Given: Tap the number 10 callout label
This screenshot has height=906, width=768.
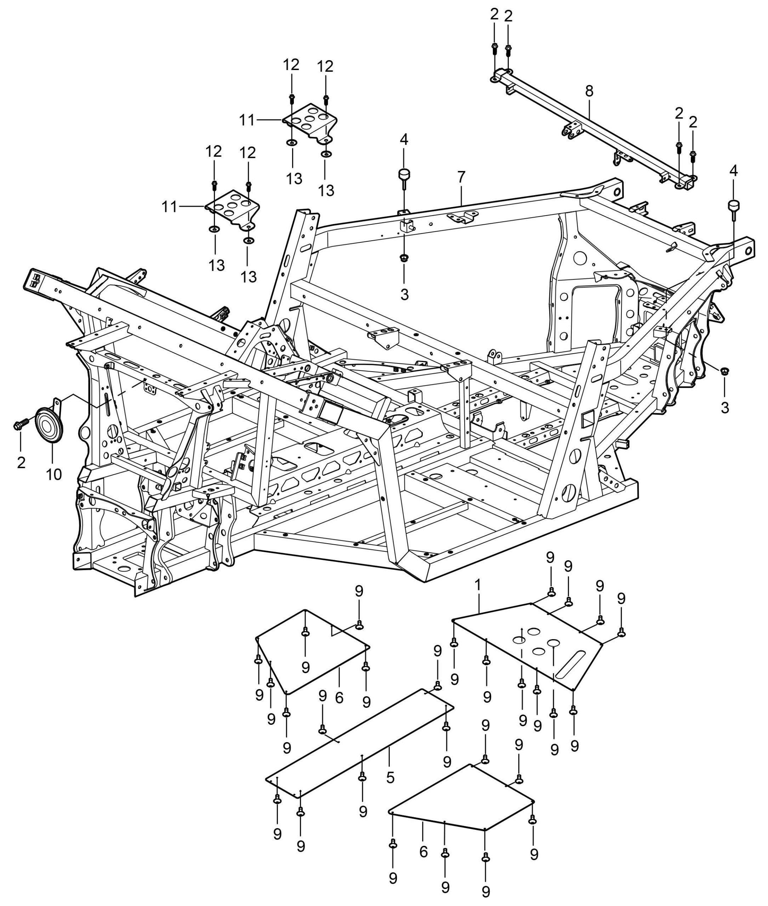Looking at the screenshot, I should point(54,474).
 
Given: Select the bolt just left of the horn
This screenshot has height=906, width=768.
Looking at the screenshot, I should point(21,423).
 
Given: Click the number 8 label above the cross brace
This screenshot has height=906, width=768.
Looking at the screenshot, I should point(590,91).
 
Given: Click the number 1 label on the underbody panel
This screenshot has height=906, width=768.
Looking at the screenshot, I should point(478,585).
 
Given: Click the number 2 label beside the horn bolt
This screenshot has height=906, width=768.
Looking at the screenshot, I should point(21,463).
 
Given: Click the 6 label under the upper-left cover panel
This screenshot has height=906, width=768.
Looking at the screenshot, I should point(339,698).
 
